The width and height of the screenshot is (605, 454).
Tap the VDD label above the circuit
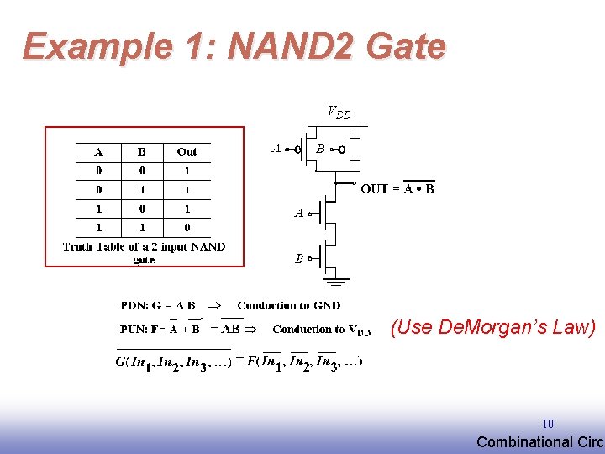click(338, 112)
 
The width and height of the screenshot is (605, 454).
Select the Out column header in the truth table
click(187, 152)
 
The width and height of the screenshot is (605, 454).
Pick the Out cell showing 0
click(187, 227)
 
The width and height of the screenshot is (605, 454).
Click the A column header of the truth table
click(98, 152)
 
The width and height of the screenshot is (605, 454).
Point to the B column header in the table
click(141, 152)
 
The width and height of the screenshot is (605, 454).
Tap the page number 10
click(547, 425)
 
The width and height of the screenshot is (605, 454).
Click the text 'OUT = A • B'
click(397, 188)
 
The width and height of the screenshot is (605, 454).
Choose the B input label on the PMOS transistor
click(320, 149)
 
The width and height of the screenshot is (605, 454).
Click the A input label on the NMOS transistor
click(298, 214)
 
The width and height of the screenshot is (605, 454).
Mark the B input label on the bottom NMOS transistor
click(299, 259)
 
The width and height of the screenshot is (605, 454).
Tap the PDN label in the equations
click(134, 305)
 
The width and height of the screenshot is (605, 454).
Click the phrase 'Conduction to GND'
click(289, 305)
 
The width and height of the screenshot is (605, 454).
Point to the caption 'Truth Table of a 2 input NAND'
click(144, 247)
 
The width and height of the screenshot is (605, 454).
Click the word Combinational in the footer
click(518, 442)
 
